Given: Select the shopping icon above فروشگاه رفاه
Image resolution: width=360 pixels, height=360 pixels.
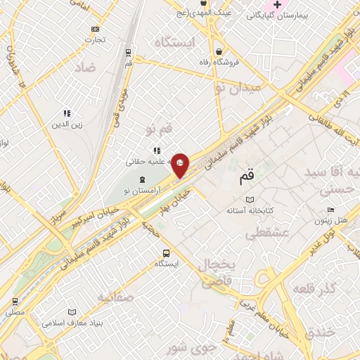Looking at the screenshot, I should click(220, 51).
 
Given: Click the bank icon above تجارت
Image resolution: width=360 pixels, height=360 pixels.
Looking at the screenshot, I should click(95, 29).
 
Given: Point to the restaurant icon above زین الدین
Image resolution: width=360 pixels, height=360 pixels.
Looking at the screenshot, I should click(67, 113).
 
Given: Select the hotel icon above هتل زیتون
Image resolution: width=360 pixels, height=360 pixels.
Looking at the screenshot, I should click(330, 210).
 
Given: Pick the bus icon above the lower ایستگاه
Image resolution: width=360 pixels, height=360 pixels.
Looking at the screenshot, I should click(165, 253).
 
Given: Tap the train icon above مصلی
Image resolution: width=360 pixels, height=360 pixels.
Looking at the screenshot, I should click(15, 301).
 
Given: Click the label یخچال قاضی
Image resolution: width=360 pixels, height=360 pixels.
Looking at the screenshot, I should click(220, 273).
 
